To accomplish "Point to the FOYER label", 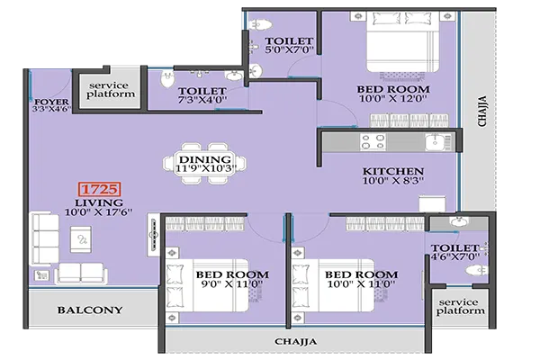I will coord(45,102).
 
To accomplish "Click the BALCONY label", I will coord(89,310).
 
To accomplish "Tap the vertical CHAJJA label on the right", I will coord(482,112).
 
